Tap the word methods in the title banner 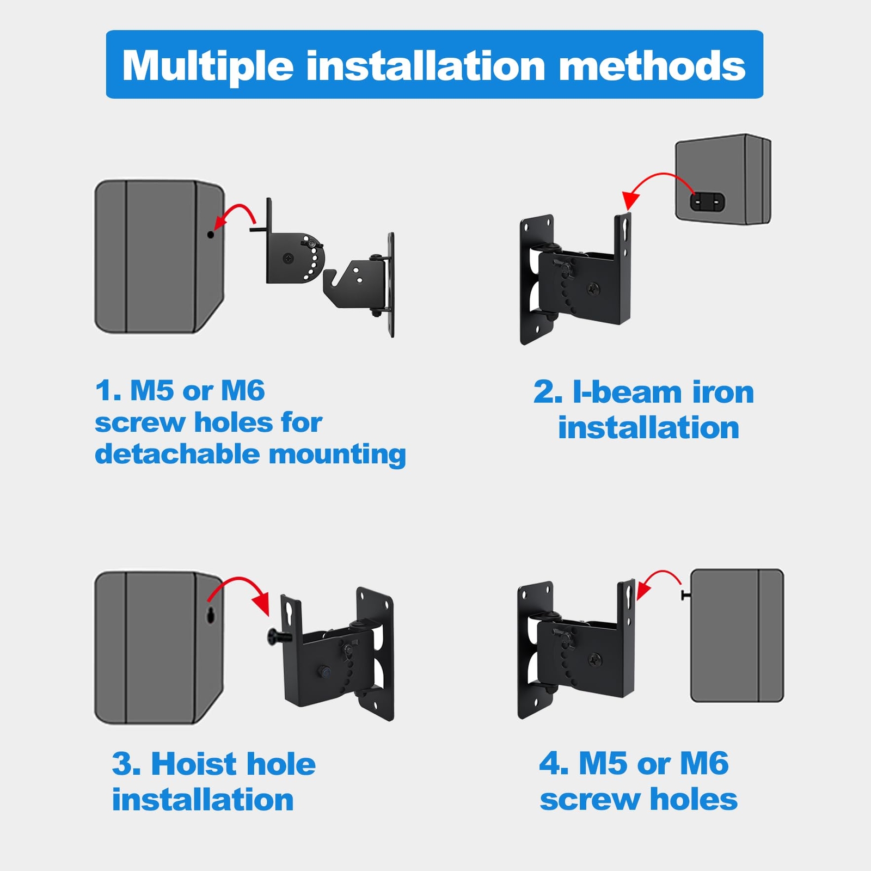(652, 65)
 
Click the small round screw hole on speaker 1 (211, 235)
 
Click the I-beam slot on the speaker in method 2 (708, 202)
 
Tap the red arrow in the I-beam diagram (656, 182)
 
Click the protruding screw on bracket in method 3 (279, 636)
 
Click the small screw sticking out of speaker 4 (685, 596)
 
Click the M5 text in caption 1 (152, 390)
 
